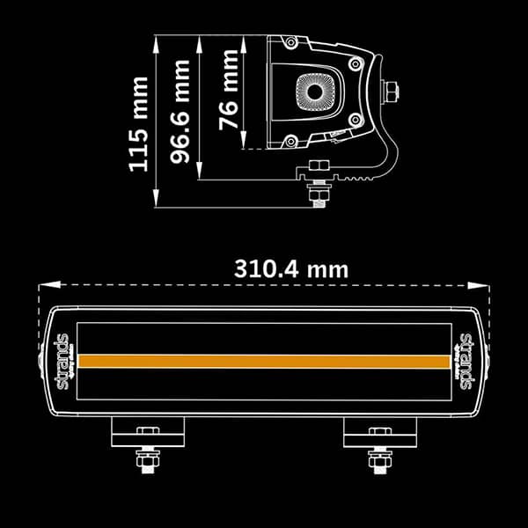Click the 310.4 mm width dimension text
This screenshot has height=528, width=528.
290,268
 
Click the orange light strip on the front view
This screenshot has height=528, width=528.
264,362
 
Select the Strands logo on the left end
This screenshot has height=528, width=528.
62,362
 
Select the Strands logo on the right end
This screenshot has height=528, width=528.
466,362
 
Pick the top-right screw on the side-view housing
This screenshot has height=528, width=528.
353,64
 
